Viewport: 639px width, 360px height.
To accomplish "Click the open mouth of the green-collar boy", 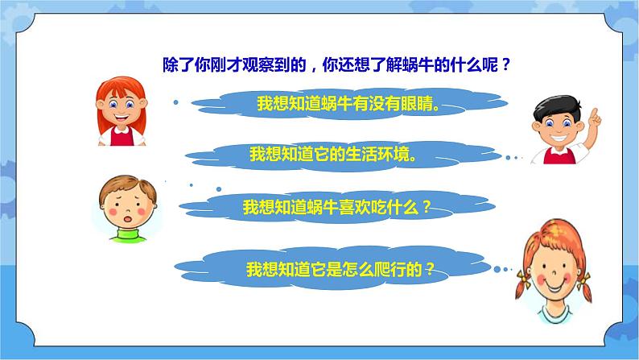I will pos(126,217).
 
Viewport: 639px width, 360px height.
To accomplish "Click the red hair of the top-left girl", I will pos(121,86).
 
